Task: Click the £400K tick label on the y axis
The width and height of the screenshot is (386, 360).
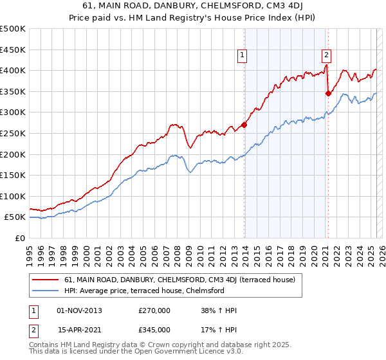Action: [13, 70]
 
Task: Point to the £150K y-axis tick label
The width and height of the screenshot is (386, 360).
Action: [13, 175]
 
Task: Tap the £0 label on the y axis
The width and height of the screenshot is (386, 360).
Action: [20, 238]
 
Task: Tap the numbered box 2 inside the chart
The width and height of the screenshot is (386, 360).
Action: [327, 56]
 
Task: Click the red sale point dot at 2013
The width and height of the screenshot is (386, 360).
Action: [244, 125]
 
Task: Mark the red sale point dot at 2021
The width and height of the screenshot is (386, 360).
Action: [328, 93]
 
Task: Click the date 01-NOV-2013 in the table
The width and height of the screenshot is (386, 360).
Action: [80, 310]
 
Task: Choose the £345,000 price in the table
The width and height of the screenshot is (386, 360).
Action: [154, 330]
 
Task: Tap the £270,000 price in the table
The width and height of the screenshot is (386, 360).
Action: [154, 310]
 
